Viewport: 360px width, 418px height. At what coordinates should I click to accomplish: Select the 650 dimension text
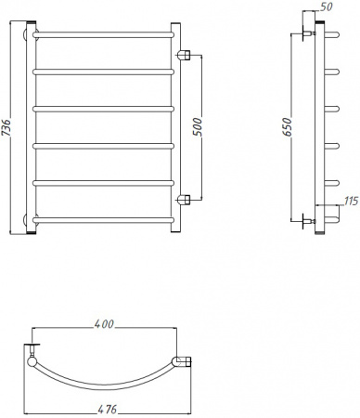(x=288, y=128)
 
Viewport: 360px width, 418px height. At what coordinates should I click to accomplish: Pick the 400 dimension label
(x=103, y=324)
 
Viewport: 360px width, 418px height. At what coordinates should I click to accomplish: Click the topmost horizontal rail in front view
(x=104, y=34)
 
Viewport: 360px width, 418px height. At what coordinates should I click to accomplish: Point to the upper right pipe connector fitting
(x=186, y=55)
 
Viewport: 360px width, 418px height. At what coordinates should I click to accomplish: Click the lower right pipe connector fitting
(x=186, y=200)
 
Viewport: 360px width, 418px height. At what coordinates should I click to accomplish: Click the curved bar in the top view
(x=104, y=382)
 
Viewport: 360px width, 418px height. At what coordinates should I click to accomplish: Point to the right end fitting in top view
(x=182, y=360)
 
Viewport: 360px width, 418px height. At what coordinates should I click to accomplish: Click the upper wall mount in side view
(x=306, y=35)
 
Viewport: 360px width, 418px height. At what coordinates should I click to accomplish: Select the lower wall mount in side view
(x=306, y=220)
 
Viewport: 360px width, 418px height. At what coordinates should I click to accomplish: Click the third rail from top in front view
(x=104, y=109)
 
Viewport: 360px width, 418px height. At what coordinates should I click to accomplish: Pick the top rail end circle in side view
(x=330, y=35)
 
